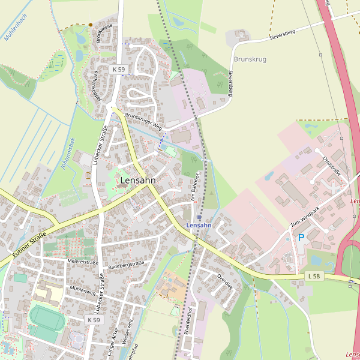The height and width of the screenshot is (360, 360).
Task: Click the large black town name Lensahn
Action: [138, 180]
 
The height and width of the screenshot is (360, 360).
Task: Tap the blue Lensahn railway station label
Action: [199, 225]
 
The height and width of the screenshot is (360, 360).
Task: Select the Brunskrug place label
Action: [250, 59]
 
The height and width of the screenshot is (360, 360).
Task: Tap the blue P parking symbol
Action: [301, 238]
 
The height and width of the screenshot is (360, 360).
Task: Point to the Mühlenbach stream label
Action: [16, 28]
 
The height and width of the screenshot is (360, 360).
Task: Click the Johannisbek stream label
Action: [67, 154]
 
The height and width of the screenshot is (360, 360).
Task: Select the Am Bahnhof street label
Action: [194, 188]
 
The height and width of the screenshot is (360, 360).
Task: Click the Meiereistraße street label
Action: [83, 262]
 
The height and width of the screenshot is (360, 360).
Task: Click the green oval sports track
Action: [47, 317]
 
